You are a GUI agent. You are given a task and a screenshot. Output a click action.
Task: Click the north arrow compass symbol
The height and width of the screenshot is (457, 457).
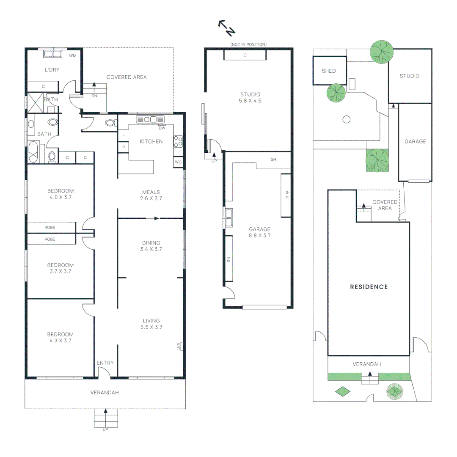[x=226, y=27]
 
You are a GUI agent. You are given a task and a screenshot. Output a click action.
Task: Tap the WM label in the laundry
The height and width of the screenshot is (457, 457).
[x=73, y=55]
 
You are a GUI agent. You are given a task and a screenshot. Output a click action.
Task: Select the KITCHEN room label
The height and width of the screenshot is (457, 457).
[x=151, y=141]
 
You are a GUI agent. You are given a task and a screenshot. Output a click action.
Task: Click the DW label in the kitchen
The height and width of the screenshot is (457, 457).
[x=162, y=128]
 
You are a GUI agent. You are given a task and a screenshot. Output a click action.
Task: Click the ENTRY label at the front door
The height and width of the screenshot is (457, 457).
[x=105, y=363]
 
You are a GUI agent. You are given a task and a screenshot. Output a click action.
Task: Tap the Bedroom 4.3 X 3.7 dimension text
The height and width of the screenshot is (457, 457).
[x=60, y=340]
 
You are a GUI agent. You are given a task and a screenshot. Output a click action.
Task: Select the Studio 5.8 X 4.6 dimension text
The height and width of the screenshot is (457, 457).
[x=250, y=101]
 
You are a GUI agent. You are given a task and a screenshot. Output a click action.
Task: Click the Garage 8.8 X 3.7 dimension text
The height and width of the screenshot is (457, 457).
[x=259, y=236]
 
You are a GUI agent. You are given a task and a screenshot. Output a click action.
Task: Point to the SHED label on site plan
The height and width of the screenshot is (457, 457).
[x=328, y=71]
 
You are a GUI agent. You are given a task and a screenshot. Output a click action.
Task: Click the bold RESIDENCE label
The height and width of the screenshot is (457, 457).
[x=369, y=287]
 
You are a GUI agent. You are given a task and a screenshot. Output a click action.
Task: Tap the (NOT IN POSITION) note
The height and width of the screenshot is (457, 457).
[x=248, y=44]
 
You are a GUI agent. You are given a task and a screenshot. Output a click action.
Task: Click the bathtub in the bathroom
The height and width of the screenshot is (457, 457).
[x=33, y=153]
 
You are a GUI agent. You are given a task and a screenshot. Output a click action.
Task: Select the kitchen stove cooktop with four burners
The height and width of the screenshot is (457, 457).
[x=178, y=141]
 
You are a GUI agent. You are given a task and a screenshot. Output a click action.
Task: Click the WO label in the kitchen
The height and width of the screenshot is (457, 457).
[x=178, y=162]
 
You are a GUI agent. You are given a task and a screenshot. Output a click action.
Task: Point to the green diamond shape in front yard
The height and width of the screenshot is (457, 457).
[x=343, y=392]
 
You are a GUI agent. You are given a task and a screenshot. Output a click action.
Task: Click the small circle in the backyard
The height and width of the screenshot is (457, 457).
[x=346, y=119]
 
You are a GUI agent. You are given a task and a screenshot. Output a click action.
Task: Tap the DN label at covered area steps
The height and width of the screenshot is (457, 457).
[x=94, y=96]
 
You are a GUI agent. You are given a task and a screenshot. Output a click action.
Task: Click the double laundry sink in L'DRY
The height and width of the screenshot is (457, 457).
[x=53, y=54]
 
